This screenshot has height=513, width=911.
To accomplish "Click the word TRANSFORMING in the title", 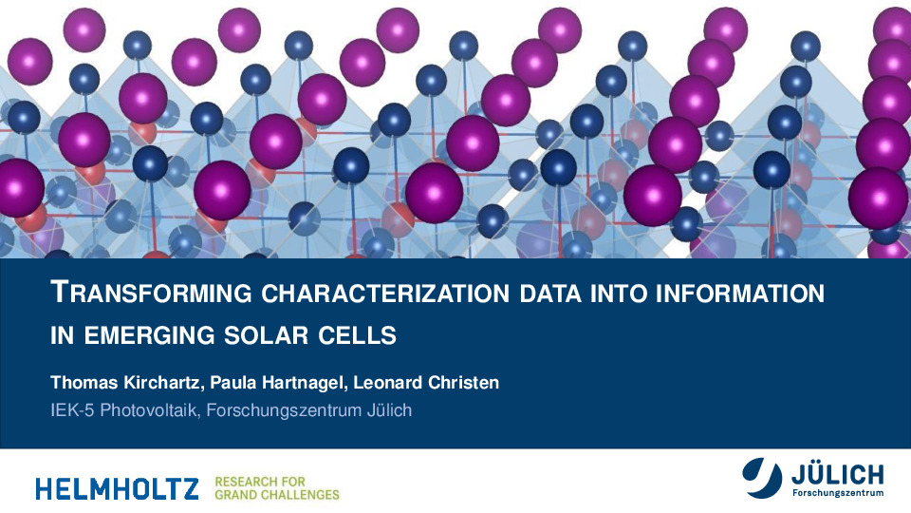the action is click(151, 292).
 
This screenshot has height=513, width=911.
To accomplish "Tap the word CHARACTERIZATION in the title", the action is click(385, 294).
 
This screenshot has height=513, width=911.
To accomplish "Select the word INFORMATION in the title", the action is click(740, 294).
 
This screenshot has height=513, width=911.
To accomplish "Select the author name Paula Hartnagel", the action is click(279, 383).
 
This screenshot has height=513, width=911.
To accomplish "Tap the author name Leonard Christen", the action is click(426, 383).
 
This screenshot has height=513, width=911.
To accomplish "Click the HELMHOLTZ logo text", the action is click(117, 488).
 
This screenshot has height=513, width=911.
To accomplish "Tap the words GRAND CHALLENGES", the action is click(277, 495).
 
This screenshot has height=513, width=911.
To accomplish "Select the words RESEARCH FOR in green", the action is click(260, 482).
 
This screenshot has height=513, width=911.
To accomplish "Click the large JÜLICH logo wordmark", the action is click(837, 475).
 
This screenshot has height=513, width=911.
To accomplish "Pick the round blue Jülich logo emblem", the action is click(762, 478).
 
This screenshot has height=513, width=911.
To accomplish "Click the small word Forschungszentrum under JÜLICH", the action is click(838, 493).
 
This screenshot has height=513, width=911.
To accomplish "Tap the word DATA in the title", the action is click(550, 294).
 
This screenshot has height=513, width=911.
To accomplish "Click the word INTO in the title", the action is click(618, 294).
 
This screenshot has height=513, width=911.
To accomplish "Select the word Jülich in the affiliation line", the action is click(389, 410).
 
